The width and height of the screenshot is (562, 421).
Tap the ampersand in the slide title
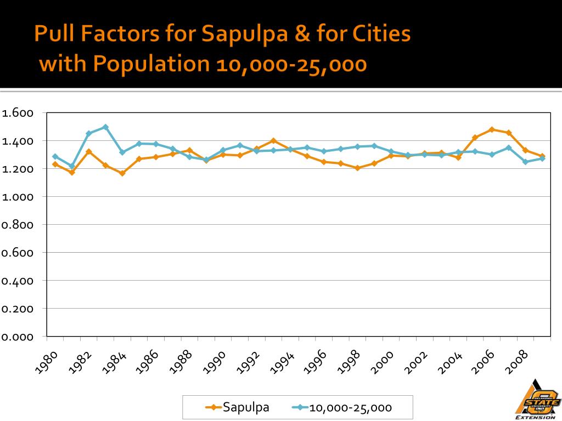304,34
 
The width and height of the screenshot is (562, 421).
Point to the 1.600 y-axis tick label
18,113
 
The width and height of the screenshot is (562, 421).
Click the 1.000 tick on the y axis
18,197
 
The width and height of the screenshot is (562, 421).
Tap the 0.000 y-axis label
18,337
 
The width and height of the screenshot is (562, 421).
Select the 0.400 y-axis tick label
18,281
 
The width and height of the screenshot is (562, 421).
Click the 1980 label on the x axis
46,363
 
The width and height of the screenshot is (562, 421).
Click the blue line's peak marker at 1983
105,127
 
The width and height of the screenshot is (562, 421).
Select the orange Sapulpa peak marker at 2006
492,130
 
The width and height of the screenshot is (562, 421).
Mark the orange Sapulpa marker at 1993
273,141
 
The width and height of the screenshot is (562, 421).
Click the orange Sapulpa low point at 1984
122,173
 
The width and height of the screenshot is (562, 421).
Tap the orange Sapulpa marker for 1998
357,168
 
